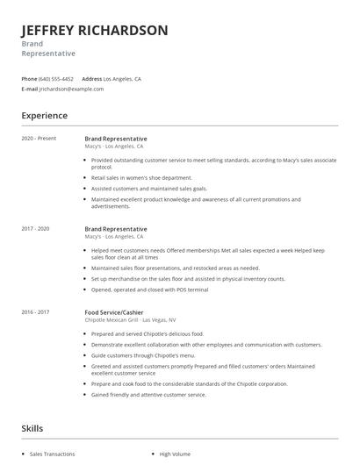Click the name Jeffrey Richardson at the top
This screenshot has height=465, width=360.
coord(95,31)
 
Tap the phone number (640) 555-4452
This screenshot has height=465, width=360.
coord(57,79)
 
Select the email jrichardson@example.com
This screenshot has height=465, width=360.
coord(66,89)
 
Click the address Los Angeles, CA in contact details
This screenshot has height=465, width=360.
coord(122,79)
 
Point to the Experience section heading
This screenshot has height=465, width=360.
coord(44,115)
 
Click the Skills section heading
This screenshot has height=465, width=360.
coord(32,428)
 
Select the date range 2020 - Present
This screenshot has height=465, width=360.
coord(37,139)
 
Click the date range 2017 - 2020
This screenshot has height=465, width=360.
coord(35,229)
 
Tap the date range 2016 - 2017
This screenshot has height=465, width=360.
coord(35,311)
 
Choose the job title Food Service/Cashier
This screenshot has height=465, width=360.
coord(115,311)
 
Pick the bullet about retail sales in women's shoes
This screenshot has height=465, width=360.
coord(141,177)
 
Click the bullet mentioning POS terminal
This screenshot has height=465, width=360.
coord(149,289)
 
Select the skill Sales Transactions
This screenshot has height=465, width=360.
coord(52,454)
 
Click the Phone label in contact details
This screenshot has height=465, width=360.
coord(29,79)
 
